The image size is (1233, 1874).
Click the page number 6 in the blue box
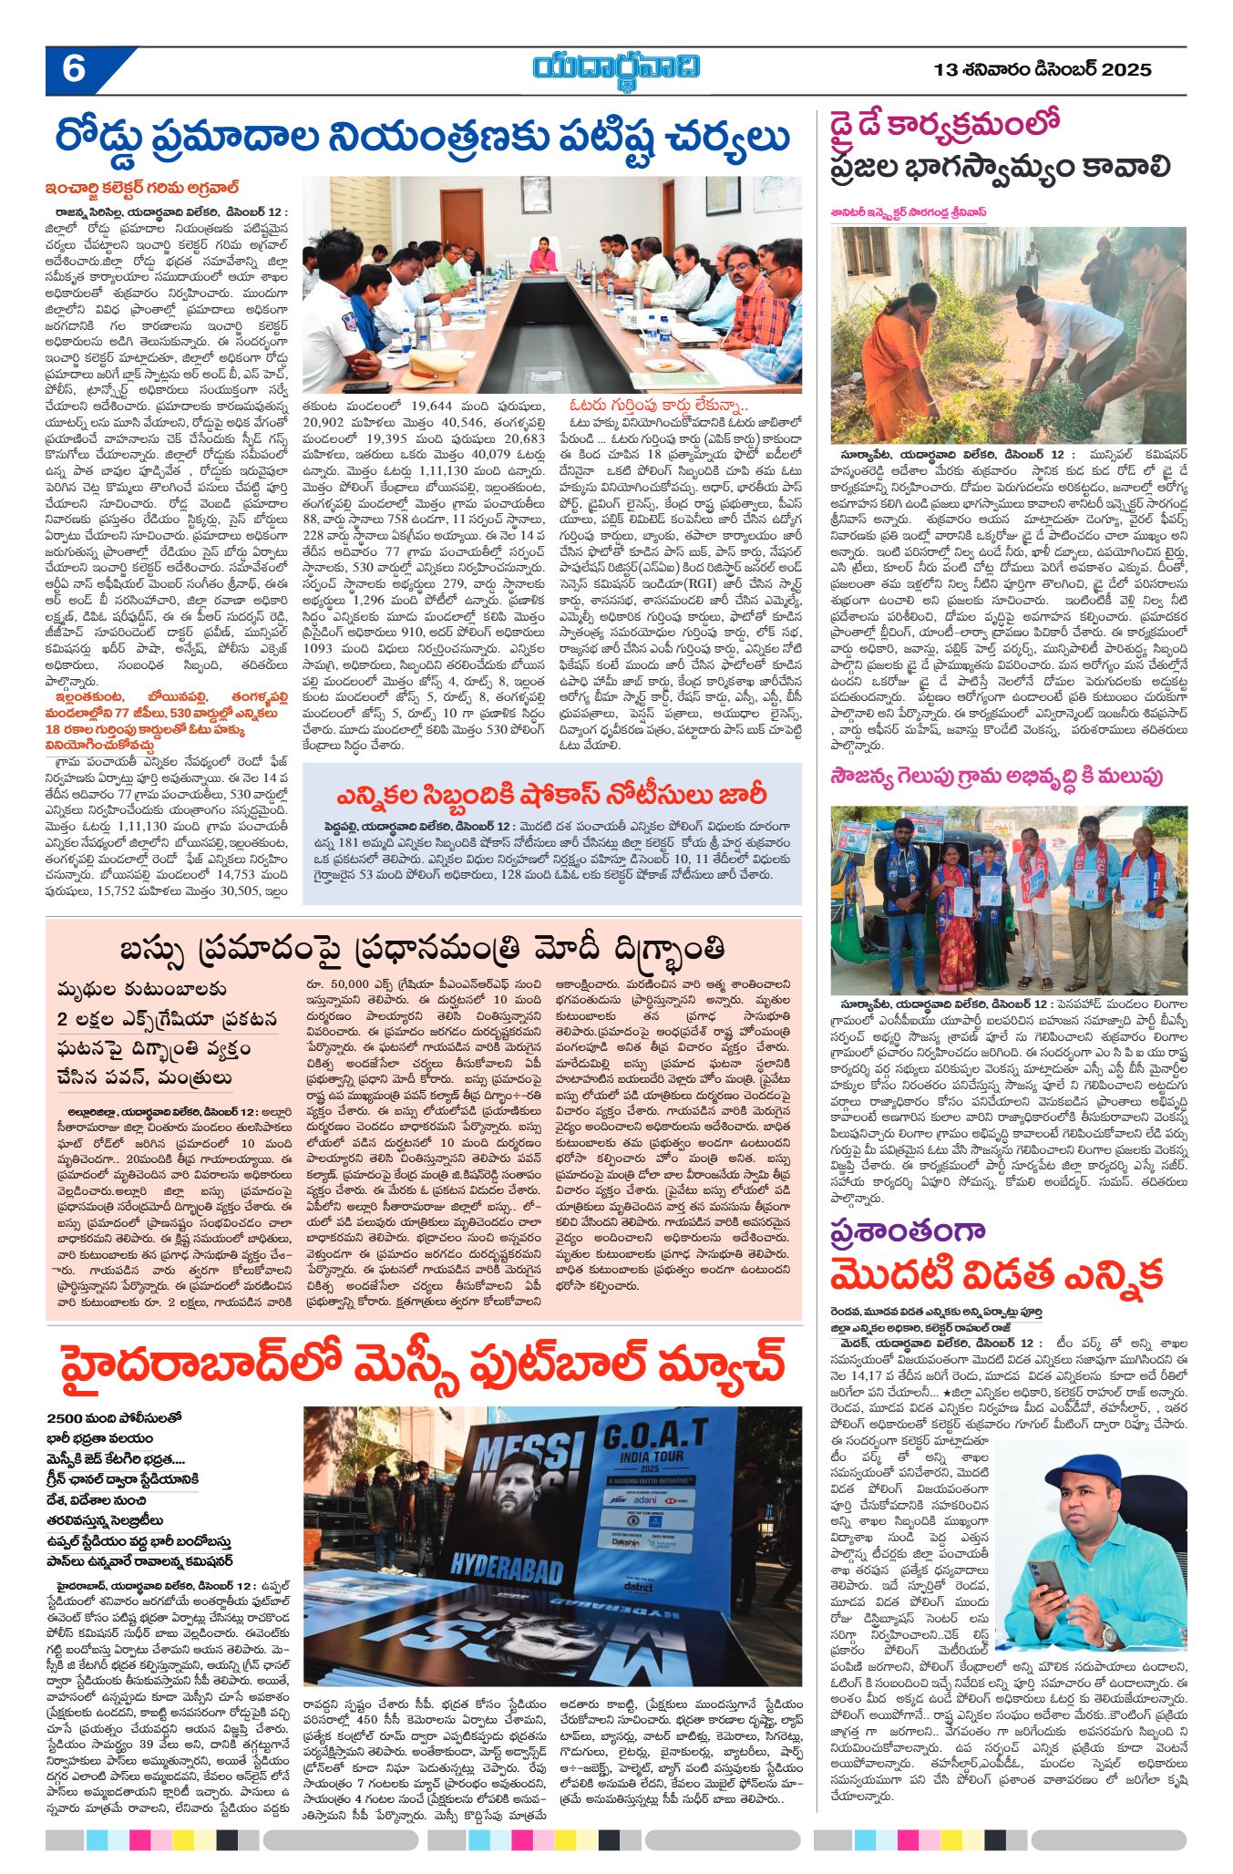point(74,69)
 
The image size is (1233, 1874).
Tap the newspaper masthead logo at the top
point(617,68)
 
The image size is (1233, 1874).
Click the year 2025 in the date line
point(1126,69)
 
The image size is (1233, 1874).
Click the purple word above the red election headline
point(908,1230)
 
